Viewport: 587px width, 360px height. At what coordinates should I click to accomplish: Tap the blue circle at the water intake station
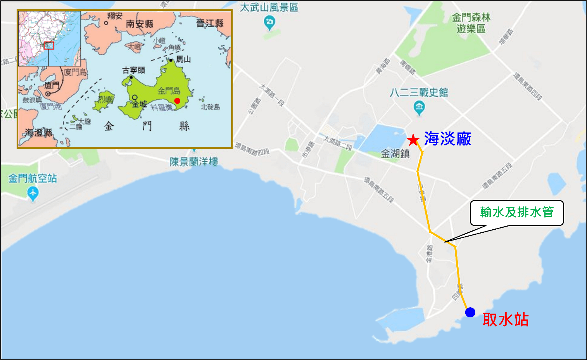pyautogui.click(x=470, y=312)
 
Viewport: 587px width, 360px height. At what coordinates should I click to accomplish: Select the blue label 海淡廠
pyautogui.click(x=447, y=139)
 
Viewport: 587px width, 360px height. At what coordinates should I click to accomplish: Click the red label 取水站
pyautogui.click(x=505, y=320)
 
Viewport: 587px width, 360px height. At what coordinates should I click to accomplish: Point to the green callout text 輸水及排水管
pyautogui.click(x=516, y=212)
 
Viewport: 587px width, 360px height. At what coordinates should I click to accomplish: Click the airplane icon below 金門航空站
pyautogui.click(x=33, y=192)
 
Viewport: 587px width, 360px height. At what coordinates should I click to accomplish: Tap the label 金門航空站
pyautogui.click(x=33, y=178)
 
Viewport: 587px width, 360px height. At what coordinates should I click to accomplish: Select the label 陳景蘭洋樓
pyautogui.click(x=193, y=162)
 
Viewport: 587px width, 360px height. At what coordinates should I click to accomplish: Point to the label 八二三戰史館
pyautogui.click(x=419, y=92)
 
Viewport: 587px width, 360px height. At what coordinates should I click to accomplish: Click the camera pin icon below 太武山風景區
pyautogui.click(x=269, y=22)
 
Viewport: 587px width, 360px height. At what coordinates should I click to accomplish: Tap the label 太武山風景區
pyautogui.click(x=269, y=7)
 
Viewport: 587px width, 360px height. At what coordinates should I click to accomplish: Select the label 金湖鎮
pyautogui.click(x=395, y=154)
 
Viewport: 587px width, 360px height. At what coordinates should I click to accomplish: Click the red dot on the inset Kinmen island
pyautogui.click(x=177, y=101)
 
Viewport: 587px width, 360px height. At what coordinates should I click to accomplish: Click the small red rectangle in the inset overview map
pyautogui.click(x=49, y=45)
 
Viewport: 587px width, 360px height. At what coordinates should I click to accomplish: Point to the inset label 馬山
pyautogui.click(x=183, y=59)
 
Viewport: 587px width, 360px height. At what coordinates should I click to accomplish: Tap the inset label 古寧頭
pyautogui.click(x=134, y=70)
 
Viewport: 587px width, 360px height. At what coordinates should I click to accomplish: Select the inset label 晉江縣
pyautogui.click(x=210, y=23)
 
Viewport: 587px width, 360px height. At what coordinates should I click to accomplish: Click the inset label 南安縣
pyautogui.click(x=140, y=24)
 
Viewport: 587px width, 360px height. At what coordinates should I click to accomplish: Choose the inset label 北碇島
pyautogui.click(x=210, y=107)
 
